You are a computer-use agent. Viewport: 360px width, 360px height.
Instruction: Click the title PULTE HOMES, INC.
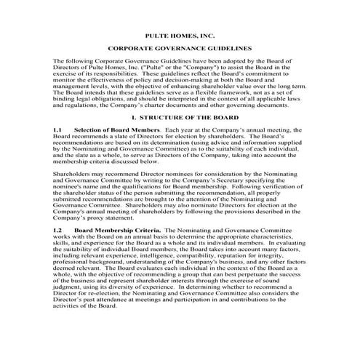click(179, 35)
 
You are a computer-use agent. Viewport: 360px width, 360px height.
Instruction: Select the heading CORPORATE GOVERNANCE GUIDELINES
click(180, 50)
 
